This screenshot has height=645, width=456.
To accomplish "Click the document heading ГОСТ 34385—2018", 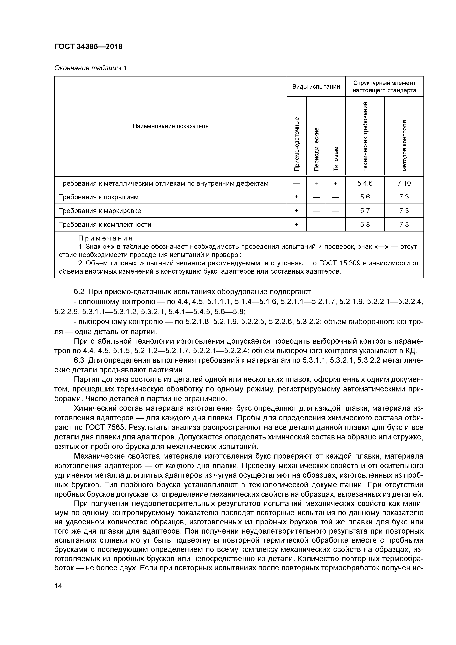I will (x=88, y=47).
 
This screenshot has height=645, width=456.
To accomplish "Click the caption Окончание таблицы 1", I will (x=90, y=68).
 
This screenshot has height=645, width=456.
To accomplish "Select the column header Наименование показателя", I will (x=171, y=126).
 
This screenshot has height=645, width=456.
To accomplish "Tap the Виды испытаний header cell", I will (x=316, y=87).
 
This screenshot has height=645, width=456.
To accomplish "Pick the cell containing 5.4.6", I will (x=365, y=183).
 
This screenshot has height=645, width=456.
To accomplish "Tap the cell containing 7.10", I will (x=404, y=183).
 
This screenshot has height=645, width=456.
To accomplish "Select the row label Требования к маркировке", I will (x=100, y=211).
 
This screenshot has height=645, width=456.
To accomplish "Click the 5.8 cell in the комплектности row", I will (x=365, y=225).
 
